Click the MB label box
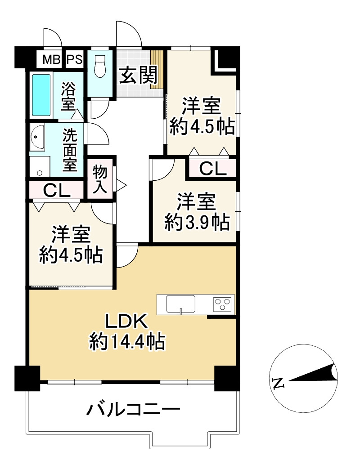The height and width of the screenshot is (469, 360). [x=51, y=59]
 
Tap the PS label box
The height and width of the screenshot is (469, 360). [x=75, y=59]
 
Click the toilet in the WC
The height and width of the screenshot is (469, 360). [x=99, y=66]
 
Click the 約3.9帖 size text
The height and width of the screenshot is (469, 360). [x=197, y=222]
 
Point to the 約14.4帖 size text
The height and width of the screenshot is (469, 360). [x=126, y=343]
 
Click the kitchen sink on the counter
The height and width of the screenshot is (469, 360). [x=181, y=304]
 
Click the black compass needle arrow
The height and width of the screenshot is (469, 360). [x=315, y=374]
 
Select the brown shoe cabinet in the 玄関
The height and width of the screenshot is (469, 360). [x=157, y=70]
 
